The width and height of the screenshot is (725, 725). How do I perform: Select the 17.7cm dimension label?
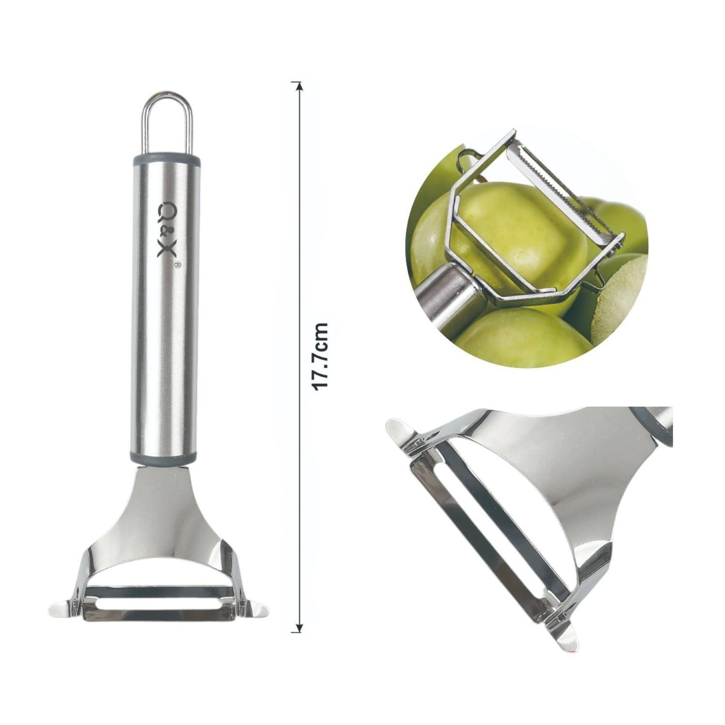click(x=320, y=357)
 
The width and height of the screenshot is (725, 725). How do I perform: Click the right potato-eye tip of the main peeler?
click(x=255, y=609)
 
